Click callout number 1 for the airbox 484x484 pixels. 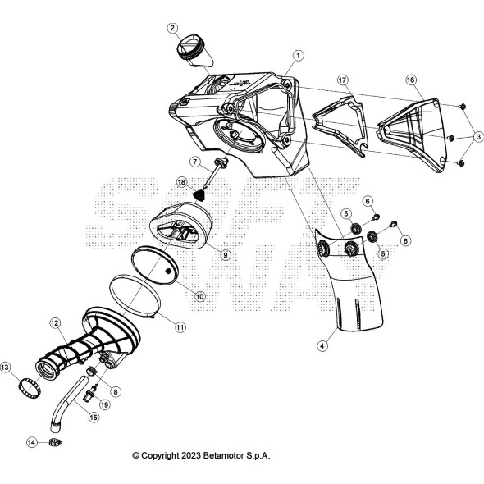(298, 55)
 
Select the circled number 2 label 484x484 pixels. (172, 28)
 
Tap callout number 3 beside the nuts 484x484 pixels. (478, 135)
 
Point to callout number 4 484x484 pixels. (322, 347)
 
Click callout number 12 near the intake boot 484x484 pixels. (55, 323)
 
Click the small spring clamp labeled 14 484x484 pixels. (56, 444)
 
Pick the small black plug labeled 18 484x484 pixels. (199, 196)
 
